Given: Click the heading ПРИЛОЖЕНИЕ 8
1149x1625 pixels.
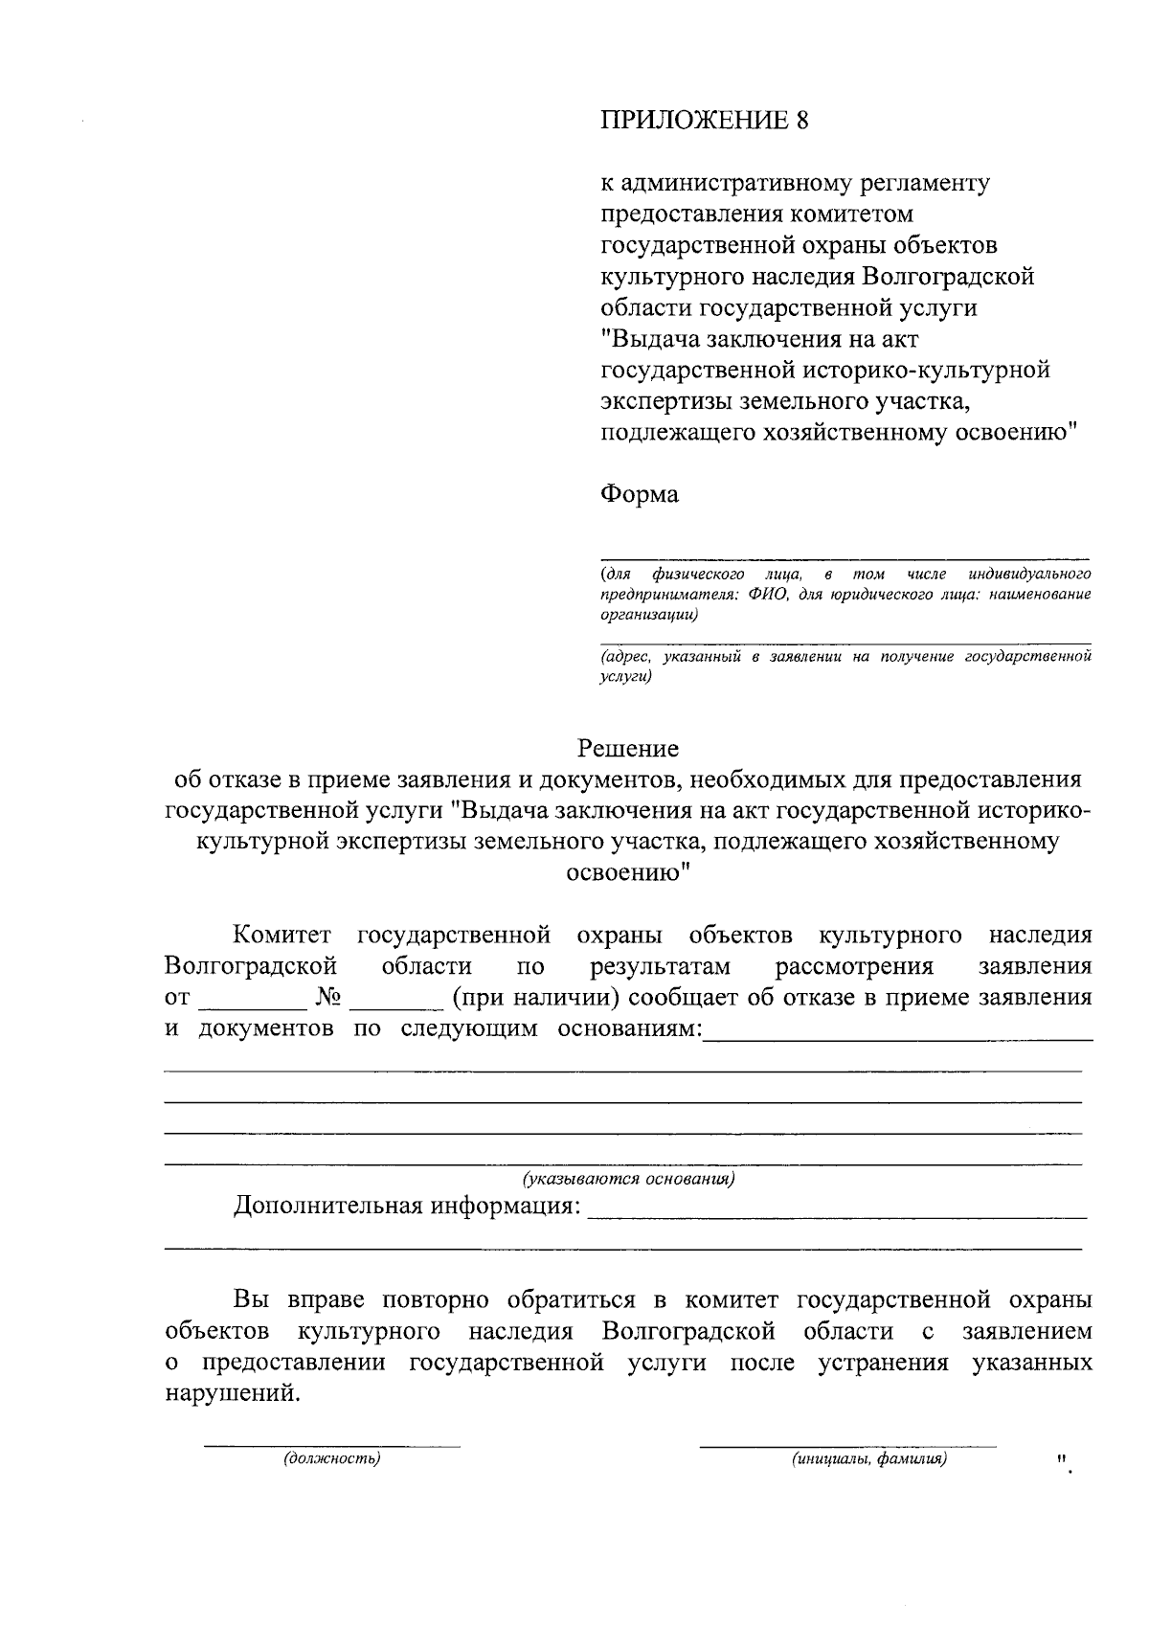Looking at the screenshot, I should click(x=704, y=121).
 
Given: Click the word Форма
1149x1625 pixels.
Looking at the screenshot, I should click(x=639, y=495).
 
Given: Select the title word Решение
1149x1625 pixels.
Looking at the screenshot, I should click(x=628, y=748).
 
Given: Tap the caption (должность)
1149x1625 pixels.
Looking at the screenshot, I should click(x=331, y=1459).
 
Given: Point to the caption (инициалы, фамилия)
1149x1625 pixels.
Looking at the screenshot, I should click(x=868, y=1459).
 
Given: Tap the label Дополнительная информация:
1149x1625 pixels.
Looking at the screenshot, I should click(x=407, y=1206).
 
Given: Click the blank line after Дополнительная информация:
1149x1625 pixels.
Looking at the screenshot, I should click(x=837, y=1214).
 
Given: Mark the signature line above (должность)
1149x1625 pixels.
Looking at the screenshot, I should click(x=331, y=1444).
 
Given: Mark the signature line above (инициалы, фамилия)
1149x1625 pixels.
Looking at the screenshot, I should click(x=847, y=1444).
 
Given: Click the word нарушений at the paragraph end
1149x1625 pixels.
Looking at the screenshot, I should click(x=232, y=1394).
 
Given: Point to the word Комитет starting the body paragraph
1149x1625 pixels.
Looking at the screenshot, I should click(x=282, y=936).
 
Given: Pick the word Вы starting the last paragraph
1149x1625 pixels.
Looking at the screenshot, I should click(x=252, y=1301).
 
